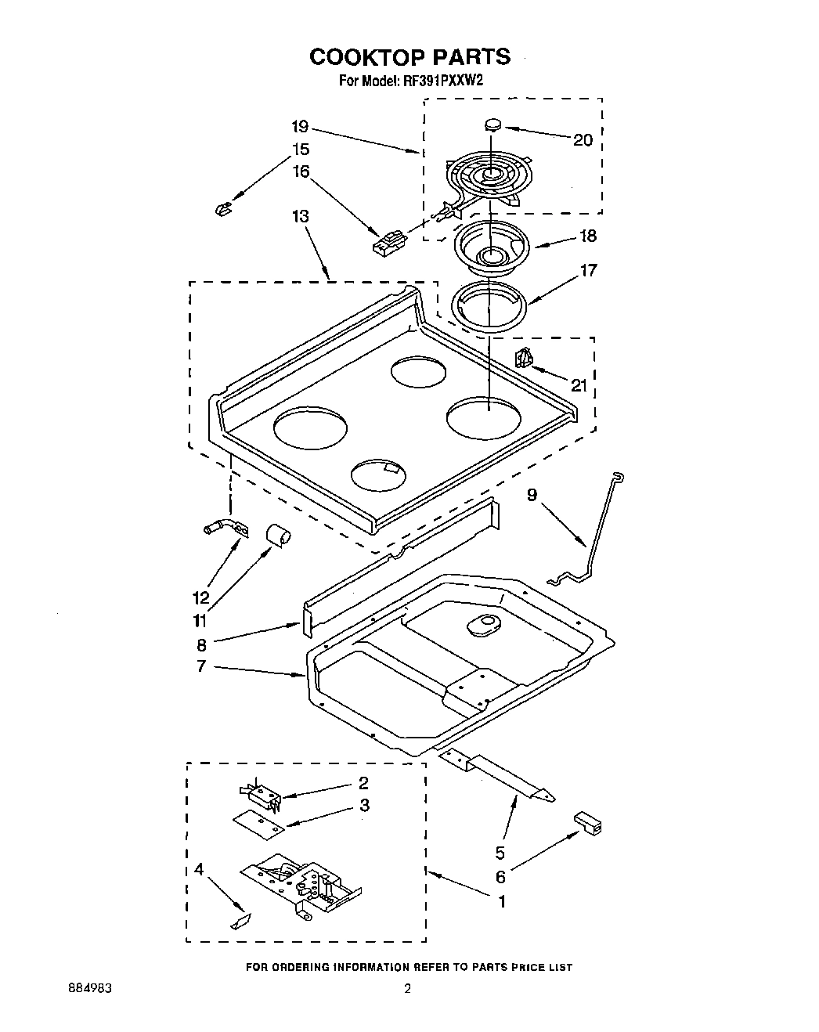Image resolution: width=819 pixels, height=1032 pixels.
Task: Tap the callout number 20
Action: [583, 140]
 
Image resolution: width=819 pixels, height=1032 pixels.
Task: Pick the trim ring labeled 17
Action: [489, 302]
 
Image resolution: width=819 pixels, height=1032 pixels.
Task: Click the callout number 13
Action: [301, 216]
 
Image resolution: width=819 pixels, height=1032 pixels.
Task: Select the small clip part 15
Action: [222, 208]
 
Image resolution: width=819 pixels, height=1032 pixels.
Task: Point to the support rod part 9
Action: [595, 532]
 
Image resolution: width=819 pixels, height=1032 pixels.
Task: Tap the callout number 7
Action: [201, 666]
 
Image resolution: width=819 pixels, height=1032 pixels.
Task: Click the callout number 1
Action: [501, 901]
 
